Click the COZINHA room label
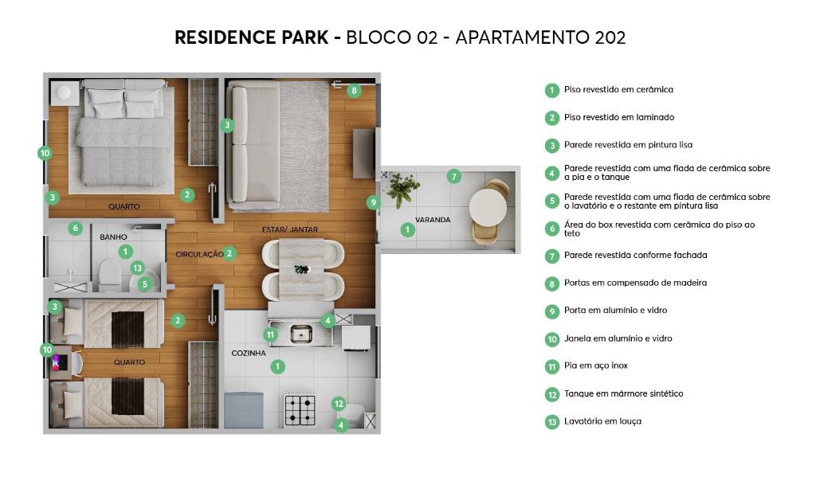[249, 354]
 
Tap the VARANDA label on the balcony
[433, 220]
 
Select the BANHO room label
[113, 237]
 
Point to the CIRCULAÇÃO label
[199, 254]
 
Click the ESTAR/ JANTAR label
[290, 229]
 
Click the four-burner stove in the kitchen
[300, 410]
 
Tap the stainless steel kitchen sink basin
[300, 334]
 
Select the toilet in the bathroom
[110, 275]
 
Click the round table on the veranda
[488, 207]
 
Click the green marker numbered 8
[354, 91]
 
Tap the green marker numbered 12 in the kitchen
[339, 404]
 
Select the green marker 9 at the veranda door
[373, 202]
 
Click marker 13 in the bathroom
[137, 268]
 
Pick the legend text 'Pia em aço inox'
[596, 366]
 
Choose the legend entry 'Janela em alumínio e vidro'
[618, 338]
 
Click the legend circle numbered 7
[552, 256]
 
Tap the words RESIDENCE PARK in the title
[251, 37]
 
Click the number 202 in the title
[609, 37]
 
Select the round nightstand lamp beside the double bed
[64, 92]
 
